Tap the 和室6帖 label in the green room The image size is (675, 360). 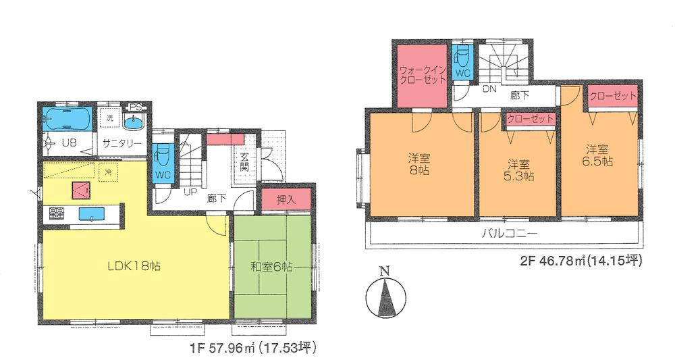pos(271,266)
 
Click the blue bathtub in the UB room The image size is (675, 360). pos(65,119)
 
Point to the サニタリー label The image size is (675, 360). pos(122,143)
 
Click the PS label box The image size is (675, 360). pos(136,107)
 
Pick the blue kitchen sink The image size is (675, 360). pos(90,214)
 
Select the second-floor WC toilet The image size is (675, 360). pos(462,61)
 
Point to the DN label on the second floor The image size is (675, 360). pos(489,88)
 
